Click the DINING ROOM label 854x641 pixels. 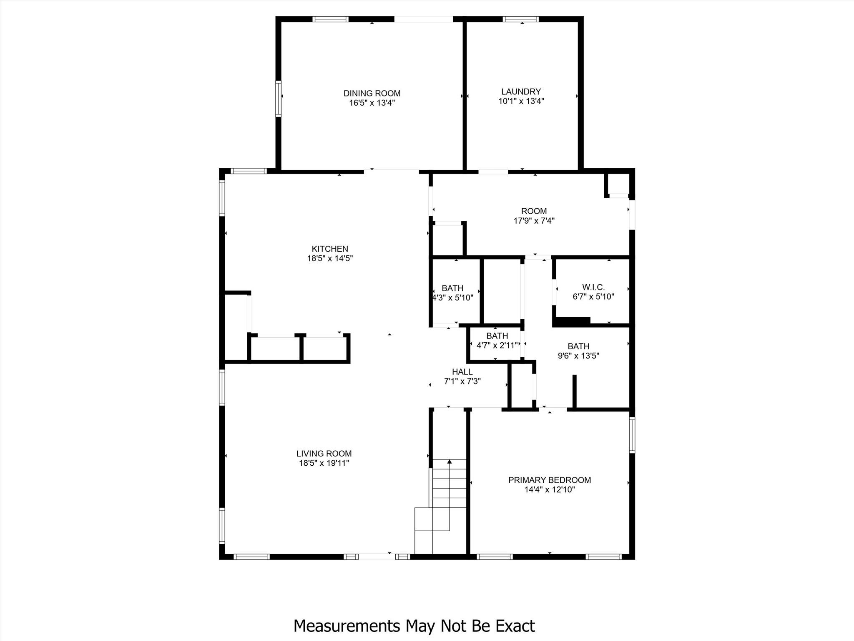(x=372, y=93)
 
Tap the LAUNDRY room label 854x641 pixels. (x=521, y=91)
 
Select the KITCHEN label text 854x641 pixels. (x=330, y=249)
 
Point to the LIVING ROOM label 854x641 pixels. (x=324, y=453)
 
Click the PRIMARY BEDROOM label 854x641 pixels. (x=549, y=480)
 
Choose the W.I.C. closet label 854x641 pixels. (x=593, y=287)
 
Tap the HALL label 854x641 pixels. (x=462, y=371)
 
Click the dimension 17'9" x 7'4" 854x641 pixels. (x=534, y=221)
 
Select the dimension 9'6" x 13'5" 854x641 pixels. (x=578, y=356)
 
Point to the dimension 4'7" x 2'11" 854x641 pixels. (x=497, y=345)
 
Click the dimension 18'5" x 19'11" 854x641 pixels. (x=324, y=463)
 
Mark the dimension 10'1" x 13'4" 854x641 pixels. (x=521, y=101)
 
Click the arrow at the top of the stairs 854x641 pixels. (x=450, y=462)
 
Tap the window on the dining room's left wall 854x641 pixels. (x=278, y=98)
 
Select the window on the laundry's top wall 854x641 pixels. (x=520, y=19)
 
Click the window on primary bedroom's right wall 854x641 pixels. (x=632, y=435)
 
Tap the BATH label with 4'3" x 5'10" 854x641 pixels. (x=452, y=288)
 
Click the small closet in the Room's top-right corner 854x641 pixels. (x=618, y=184)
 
